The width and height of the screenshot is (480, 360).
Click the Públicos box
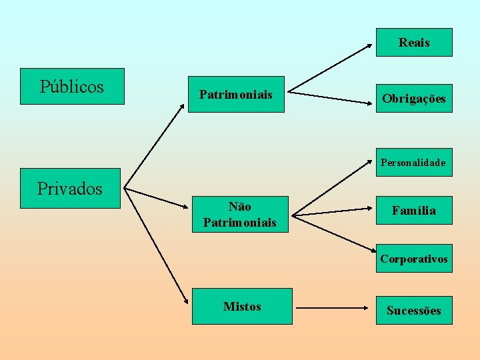pyautogui.click(x=72, y=87)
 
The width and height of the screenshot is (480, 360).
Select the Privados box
pyautogui.click(x=70, y=189)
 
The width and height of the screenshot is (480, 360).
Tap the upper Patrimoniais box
pyautogui.click(x=236, y=95)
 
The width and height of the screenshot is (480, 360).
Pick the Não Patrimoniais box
pyautogui.click(x=239, y=215)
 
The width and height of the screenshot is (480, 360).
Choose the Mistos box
pyautogui.click(x=242, y=307)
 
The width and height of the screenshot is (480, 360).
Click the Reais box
pyautogui.click(x=414, y=43)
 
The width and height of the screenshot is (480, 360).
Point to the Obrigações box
pyautogui.click(x=414, y=99)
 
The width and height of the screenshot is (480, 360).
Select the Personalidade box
pyautogui.click(x=413, y=163)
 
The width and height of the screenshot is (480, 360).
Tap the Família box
pyautogui.click(x=414, y=211)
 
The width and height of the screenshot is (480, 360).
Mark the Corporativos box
pyautogui.click(x=414, y=259)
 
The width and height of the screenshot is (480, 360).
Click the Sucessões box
pyautogui.click(x=414, y=311)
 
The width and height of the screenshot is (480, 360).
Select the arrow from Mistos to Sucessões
pyautogui.click(x=333, y=309)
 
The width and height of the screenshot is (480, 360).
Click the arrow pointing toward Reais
pyautogui.click(x=330, y=67)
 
